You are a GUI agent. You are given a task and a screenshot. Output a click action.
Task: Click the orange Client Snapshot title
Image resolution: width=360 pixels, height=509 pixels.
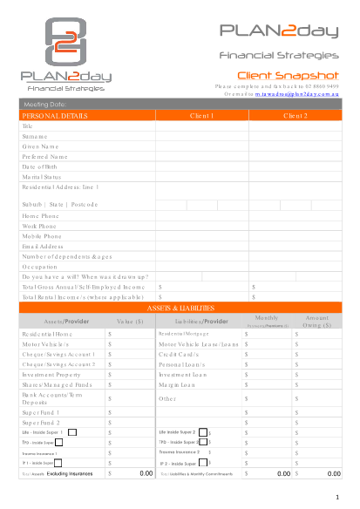tap(288, 75)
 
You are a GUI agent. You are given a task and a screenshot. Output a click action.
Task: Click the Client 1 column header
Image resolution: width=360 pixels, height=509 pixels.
tap(201, 115)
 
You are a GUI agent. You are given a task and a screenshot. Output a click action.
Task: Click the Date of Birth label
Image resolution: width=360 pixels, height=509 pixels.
tap(40, 166)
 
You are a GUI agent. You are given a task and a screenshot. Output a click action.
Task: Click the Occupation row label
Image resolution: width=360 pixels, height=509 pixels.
tap(40, 266)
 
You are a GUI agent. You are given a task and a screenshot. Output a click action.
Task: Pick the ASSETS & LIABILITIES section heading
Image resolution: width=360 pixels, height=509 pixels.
tap(180, 308)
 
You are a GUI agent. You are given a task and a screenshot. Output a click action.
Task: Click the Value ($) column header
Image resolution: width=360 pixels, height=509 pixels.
tap(130, 322)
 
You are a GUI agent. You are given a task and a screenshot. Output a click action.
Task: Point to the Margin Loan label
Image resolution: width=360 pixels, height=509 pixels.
tap(177, 384)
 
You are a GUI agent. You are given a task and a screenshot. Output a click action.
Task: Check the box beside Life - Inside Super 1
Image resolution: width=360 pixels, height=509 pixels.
tap(72, 431)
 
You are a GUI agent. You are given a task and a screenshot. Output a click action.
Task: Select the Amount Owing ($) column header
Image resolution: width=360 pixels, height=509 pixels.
tap(317, 322)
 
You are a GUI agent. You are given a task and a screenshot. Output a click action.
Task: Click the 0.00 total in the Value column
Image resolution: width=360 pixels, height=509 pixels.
tap(146, 473)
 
